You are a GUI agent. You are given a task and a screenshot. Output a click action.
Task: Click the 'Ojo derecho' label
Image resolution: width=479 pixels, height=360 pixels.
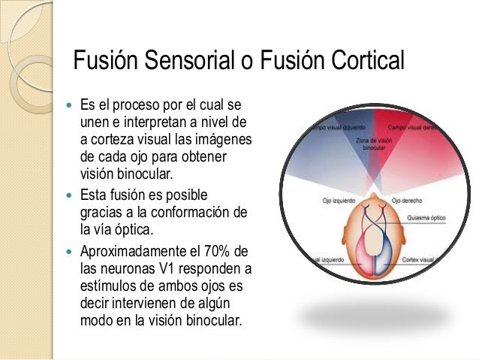point(408,201)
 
